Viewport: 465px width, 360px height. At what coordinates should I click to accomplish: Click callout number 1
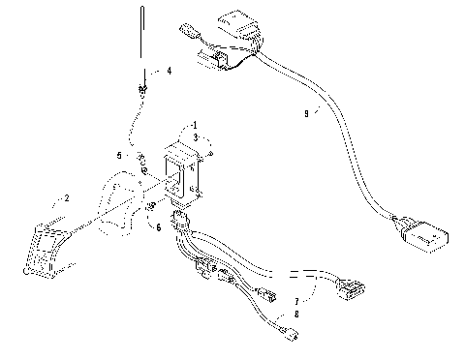coord(194,126)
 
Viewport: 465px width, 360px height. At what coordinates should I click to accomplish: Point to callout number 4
coord(169,71)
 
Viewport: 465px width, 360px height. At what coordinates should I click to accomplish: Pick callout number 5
coord(120,155)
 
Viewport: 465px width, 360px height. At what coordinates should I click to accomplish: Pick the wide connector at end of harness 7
coord(352,287)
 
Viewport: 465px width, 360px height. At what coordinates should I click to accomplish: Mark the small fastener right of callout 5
coord(141,157)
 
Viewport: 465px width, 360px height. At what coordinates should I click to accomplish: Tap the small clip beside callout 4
coord(144,89)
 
